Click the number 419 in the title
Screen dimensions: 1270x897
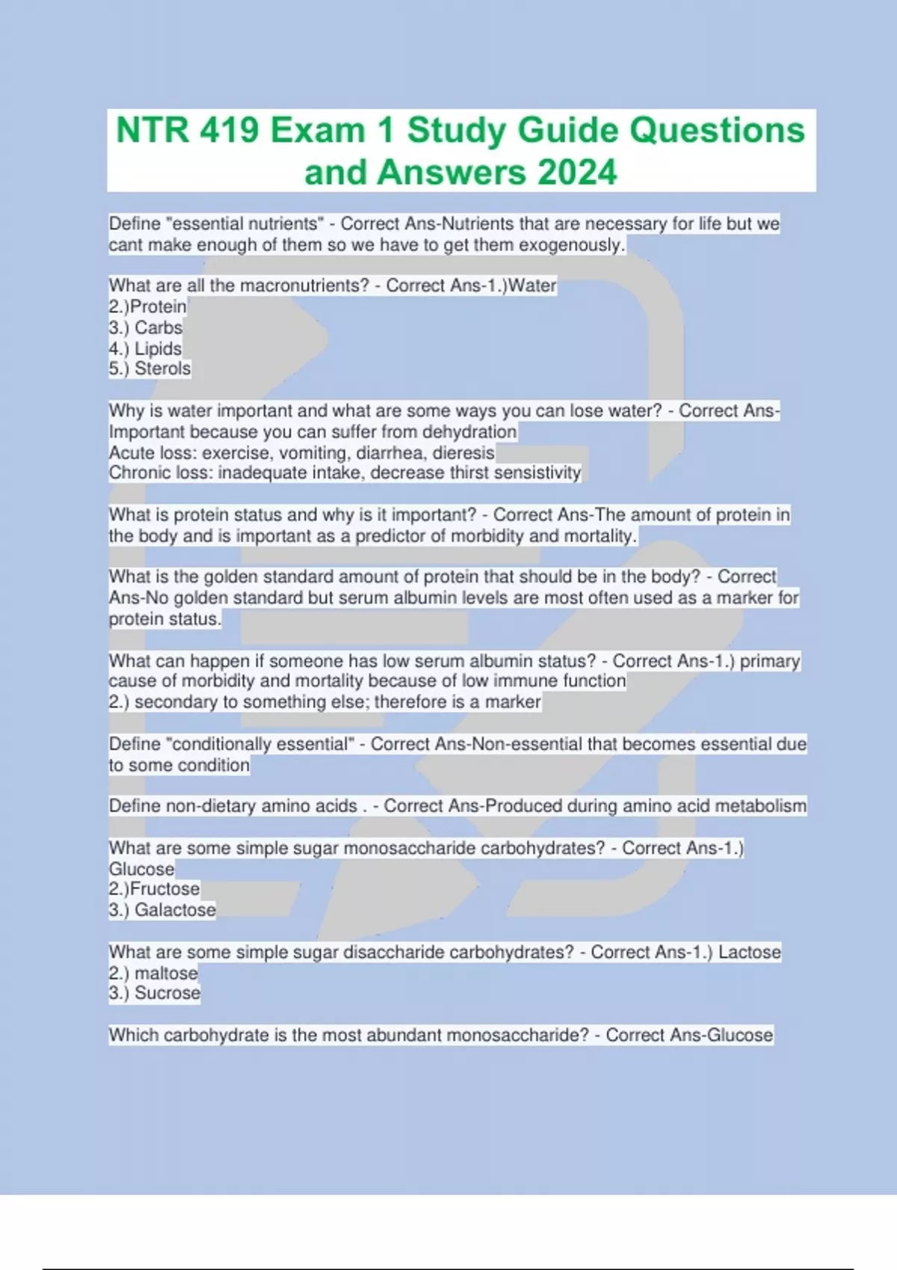[229, 131]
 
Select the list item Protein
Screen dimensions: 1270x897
[158, 306]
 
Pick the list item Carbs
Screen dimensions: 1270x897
[158, 327]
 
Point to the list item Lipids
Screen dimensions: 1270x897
[158, 348]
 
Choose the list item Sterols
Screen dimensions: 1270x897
[162, 368]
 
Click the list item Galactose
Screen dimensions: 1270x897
[175, 910]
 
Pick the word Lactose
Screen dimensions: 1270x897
[749, 952]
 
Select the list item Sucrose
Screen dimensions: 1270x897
[167, 993]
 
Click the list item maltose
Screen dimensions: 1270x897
[166, 973]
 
